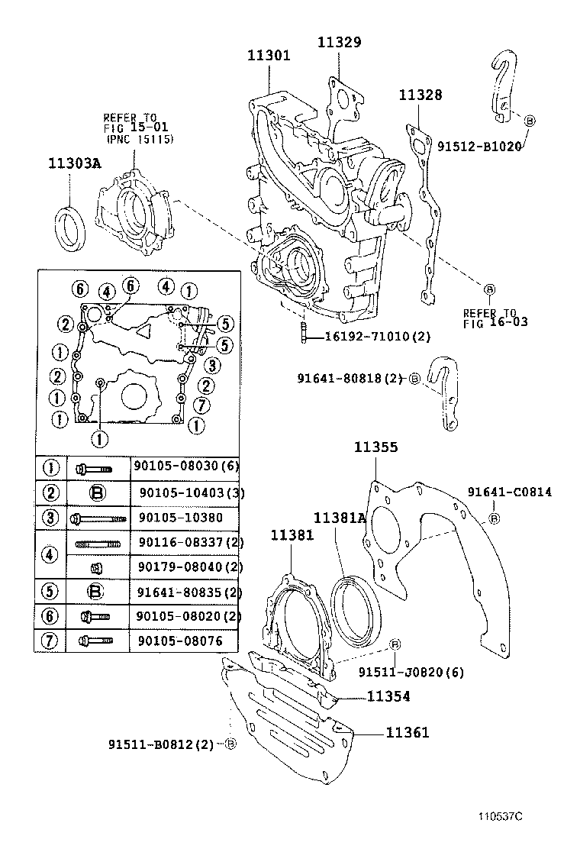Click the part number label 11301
tap(269, 55)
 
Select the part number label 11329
tap(339, 42)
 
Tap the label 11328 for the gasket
tap(420, 95)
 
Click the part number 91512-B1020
tap(478, 145)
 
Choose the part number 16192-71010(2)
tap(378, 337)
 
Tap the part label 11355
tap(375, 448)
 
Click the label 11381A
tap(340, 518)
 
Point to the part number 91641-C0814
tap(510, 492)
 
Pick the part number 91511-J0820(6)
tap(411, 672)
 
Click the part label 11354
tap(388, 696)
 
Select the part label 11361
tap(407, 733)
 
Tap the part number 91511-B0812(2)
tap(161, 744)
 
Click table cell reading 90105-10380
tap(181, 518)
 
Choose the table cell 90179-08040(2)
tap(190, 567)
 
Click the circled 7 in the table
tap(51, 641)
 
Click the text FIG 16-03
tap(495, 323)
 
